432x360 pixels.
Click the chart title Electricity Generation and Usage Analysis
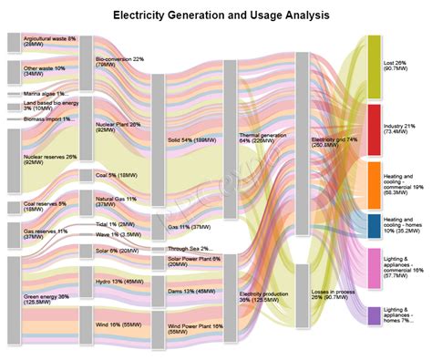point(215,15)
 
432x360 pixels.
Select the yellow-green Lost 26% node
point(374,67)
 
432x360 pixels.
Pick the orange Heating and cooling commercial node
point(374,185)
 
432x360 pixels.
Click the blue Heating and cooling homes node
point(374,224)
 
